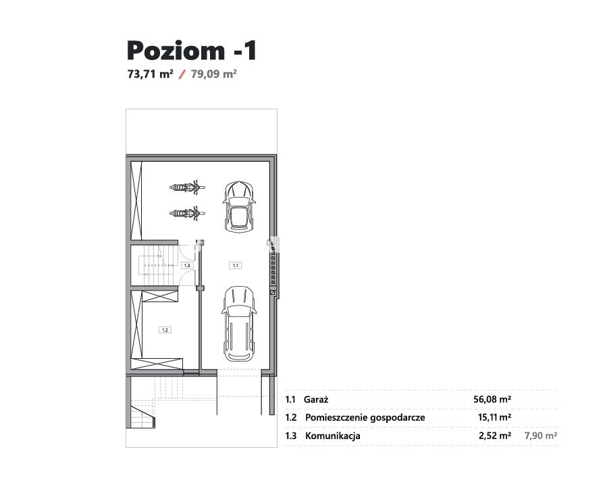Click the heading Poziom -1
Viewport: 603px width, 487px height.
coord(192,51)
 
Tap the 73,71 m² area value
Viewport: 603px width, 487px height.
coord(151,74)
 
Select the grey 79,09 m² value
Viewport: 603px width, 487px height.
coord(214,74)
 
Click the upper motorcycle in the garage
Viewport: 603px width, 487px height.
coord(187,187)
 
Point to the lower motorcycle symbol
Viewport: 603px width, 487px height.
coord(187,213)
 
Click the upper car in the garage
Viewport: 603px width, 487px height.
coord(239,206)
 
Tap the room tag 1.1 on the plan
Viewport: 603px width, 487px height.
coord(236,265)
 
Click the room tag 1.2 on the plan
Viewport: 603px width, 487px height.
coord(165,330)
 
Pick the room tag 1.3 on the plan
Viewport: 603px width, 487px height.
coord(187,265)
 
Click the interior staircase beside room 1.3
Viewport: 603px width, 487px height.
coord(159,265)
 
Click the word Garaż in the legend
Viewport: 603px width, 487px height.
coord(316,399)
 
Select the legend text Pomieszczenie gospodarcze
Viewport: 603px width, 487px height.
coord(365,418)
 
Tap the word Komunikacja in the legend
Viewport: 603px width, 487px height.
coord(333,436)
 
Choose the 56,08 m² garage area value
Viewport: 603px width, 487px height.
coord(492,399)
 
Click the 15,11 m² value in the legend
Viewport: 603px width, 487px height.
coord(494,418)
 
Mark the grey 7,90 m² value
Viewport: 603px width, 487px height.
coord(541,436)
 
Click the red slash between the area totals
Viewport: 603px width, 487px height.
coord(182,74)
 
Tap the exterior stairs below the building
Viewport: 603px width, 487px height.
coord(142,414)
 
